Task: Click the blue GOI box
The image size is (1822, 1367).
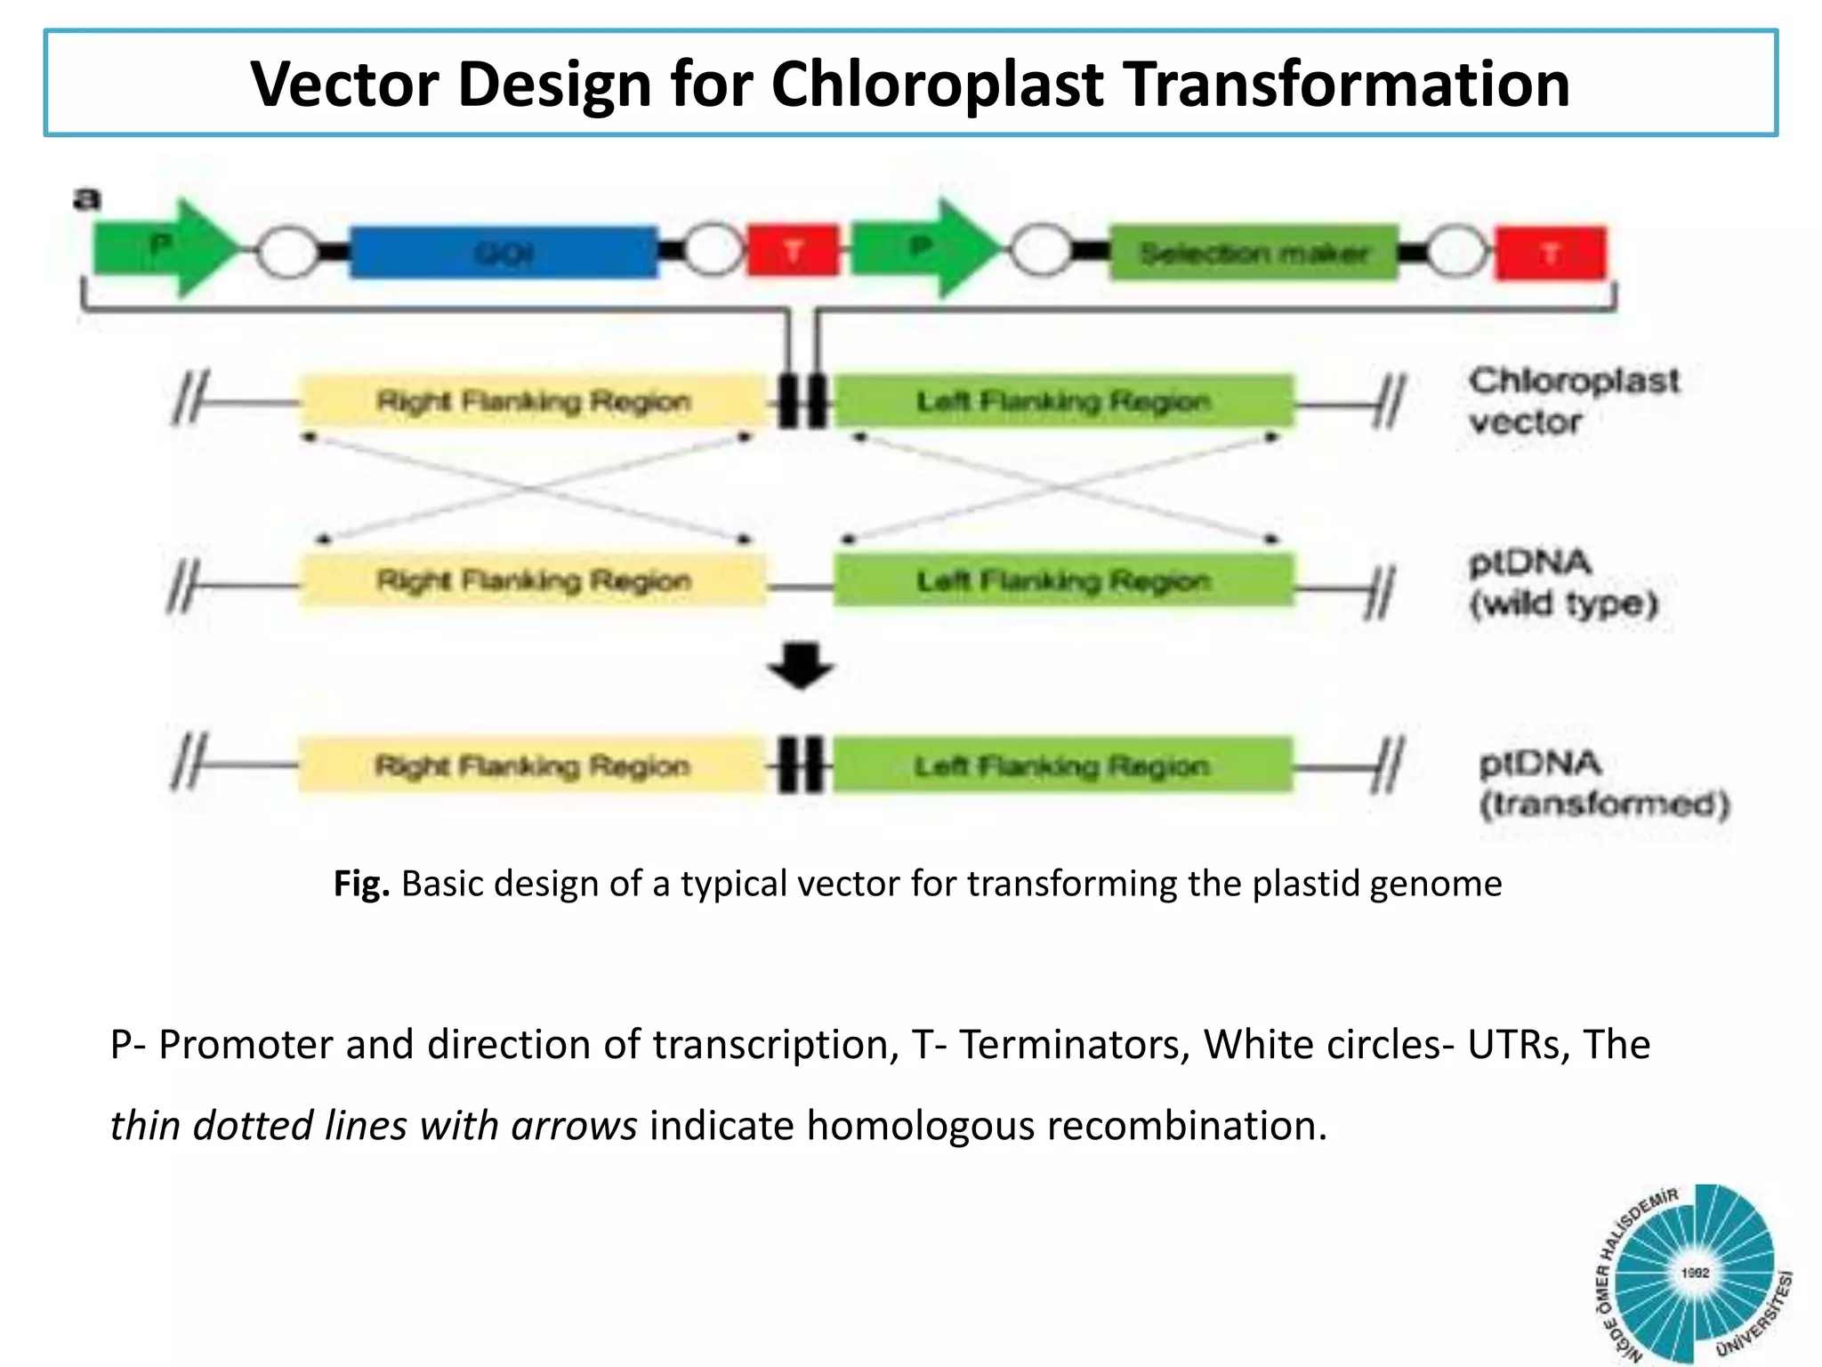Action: pos(504,253)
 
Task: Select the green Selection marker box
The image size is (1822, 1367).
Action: pos(1253,254)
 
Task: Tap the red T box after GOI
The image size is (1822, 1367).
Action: pos(792,251)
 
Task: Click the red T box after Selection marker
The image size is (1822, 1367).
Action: pos(1551,254)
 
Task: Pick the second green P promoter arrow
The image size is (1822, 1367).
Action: pos(922,248)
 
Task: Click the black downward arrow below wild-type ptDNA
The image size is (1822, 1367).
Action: pos(800,666)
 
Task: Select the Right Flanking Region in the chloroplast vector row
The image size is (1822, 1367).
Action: pos(532,401)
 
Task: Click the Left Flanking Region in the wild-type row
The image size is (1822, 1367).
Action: pos(1063,581)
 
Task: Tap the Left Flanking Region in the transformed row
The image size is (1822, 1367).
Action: pos(1061,765)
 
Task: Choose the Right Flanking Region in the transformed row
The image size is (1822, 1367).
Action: pos(531,765)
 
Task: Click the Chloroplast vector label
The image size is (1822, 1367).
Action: pos(1572,400)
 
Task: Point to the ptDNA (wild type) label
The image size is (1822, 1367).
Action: pos(1562,583)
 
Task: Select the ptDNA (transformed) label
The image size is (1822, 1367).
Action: pos(1602,784)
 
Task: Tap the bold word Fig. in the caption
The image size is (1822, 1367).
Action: pos(361,884)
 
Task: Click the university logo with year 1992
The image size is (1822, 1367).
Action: pos(1693,1274)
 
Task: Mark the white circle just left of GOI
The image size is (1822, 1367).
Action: pos(287,253)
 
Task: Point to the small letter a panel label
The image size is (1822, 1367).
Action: pos(87,198)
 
